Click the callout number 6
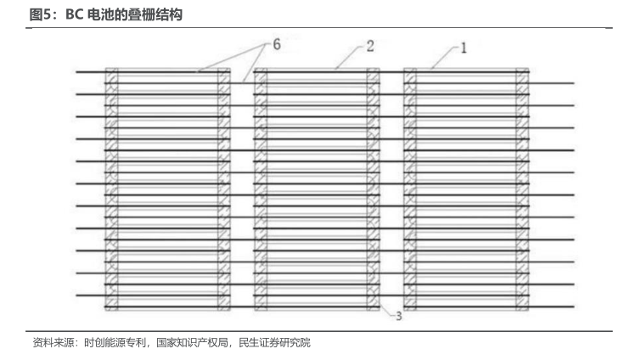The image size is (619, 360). coord(277,44)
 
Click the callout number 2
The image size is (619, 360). coord(370,46)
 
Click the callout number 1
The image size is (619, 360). coord(464,48)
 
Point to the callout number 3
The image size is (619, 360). coord(399,316)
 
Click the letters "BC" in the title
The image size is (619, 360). coord(74,14)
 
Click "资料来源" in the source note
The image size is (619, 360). coord(53,342)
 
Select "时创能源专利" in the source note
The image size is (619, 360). coord(115,342)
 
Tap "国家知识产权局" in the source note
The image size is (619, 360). coord(192,342)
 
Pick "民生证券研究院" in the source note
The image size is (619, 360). coord(275,342)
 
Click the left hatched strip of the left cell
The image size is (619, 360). coord(111,189)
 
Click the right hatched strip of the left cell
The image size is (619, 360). coord(224,189)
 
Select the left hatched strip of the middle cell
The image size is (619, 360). coord(261,189)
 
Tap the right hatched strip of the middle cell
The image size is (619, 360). coord(373,189)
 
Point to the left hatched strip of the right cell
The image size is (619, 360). coord(410,189)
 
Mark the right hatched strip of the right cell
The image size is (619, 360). coord(522,189)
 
